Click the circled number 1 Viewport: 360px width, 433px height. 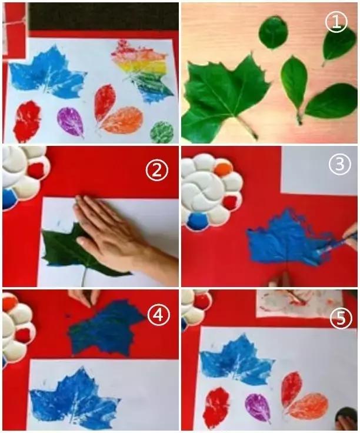(x=336, y=22)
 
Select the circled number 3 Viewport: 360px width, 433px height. (x=340, y=164)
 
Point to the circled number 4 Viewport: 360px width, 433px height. (x=158, y=315)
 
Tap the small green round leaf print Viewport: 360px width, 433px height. (x=162, y=132)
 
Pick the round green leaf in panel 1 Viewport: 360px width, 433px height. (x=274, y=32)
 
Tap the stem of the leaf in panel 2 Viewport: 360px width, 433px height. (x=84, y=275)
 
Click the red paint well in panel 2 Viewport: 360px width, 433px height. (x=37, y=170)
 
